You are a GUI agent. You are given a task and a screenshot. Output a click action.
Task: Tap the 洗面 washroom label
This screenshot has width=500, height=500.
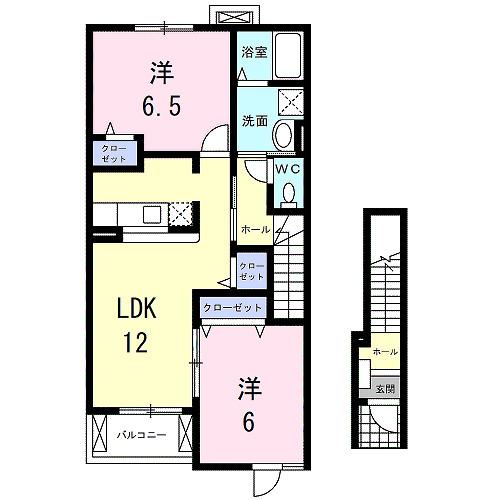click(x=253, y=121)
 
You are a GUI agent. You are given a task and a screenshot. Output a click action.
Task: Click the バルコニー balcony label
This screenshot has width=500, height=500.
click(x=139, y=434)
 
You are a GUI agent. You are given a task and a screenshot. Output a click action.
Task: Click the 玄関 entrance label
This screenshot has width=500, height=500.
click(x=384, y=388)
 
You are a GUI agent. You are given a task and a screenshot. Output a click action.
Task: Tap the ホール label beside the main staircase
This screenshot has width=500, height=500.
click(x=254, y=229)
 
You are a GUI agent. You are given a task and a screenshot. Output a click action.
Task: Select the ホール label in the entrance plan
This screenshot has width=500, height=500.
click(x=384, y=352)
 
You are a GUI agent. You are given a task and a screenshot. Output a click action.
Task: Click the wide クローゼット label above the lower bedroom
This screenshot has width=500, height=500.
click(x=233, y=309)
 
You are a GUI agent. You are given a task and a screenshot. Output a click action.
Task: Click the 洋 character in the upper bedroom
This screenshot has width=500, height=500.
click(x=160, y=72)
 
